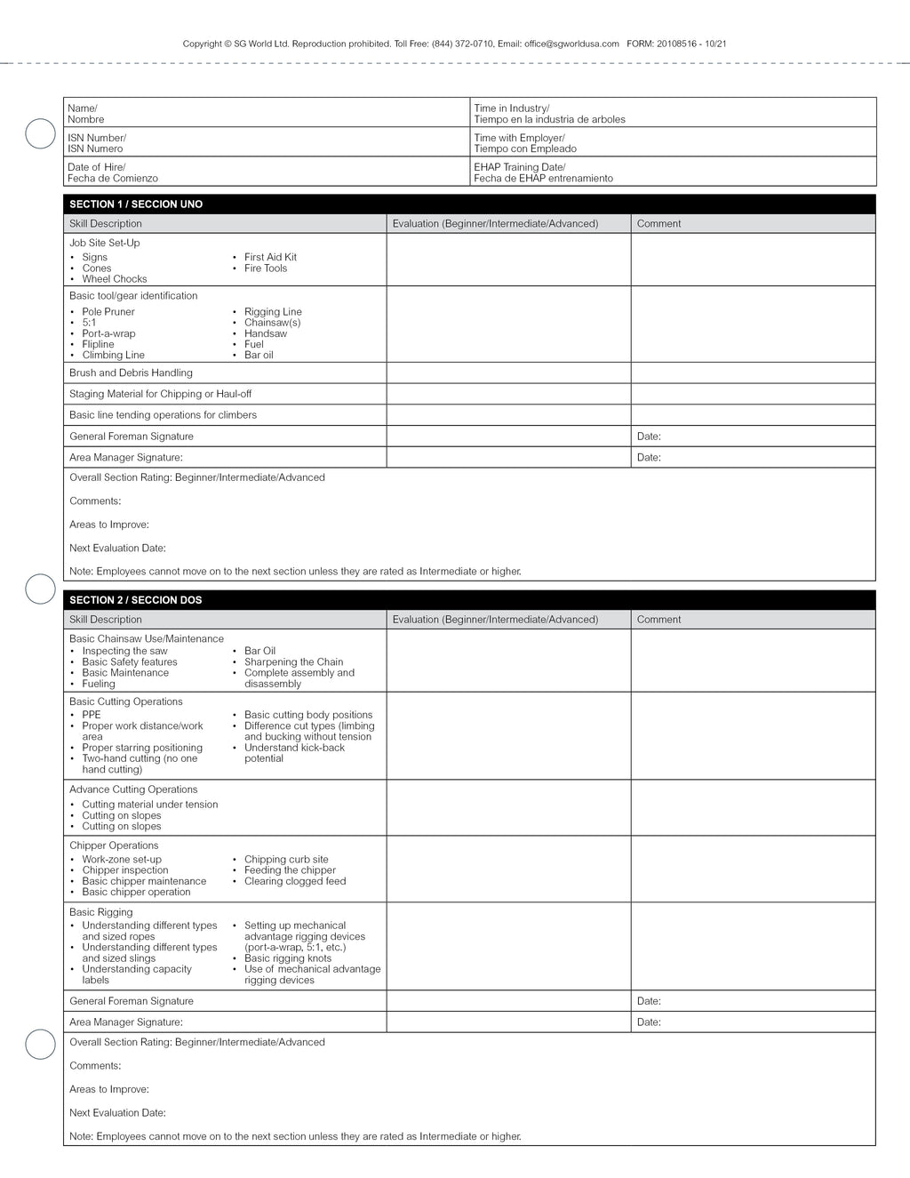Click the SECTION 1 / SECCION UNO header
(x=136, y=204)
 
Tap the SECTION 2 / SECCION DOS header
(x=136, y=600)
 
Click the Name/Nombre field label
(x=86, y=114)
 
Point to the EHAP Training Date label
(x=519, y=167)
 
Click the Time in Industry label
(x=511, y=108)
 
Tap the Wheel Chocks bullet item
(x=114, y=279)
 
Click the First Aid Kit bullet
(x=270, y=258)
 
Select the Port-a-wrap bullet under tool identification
(x=108, y=333)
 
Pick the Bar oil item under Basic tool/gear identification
(x=259, y=356)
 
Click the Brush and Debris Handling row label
(x=131, y=373)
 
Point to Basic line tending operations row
(x=163, y=415)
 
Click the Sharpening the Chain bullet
(x=293, y=662)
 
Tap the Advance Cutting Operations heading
(x=133, y=789)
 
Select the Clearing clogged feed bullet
(x=295, y=882)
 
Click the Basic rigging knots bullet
(x=288, y=958)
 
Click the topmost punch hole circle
(x=40, y=133)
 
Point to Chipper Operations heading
(x=114, y=845)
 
